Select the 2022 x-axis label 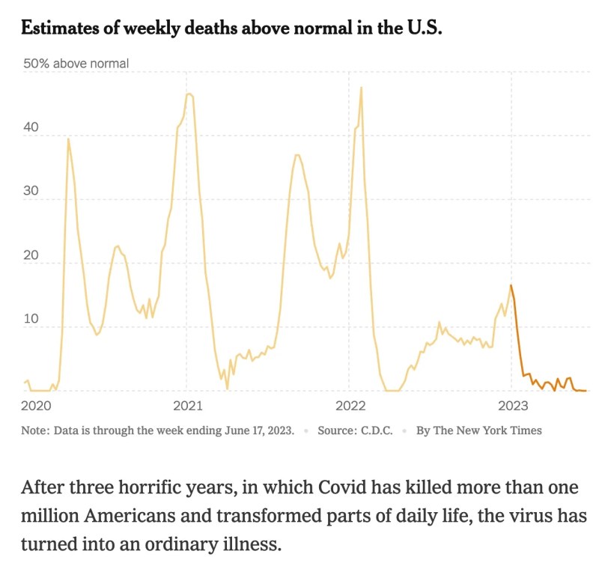pyautogui.click(x=350, y=406)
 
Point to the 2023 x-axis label pyautogui.click(x=512, y=406)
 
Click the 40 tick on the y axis pyautogui.click(x=31, y=128)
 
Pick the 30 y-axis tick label pyautogui.click(x=31, y=192)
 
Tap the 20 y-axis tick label pyautogui.click(x=31, y=255)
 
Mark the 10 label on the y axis pyautogui.click(x=30, y=320)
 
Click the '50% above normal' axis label pyautogui.click(x=76, y=64)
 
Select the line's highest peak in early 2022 pyautogui.click(x=361, y=88)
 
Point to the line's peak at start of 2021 pyautogui.click(x=189, y=94)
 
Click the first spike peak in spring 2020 pyautogui.click(x=68, y=139)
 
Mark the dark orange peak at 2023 pyautogui.click(x=511, y=285)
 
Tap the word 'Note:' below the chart pyautogui.click(x=34, y=430)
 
